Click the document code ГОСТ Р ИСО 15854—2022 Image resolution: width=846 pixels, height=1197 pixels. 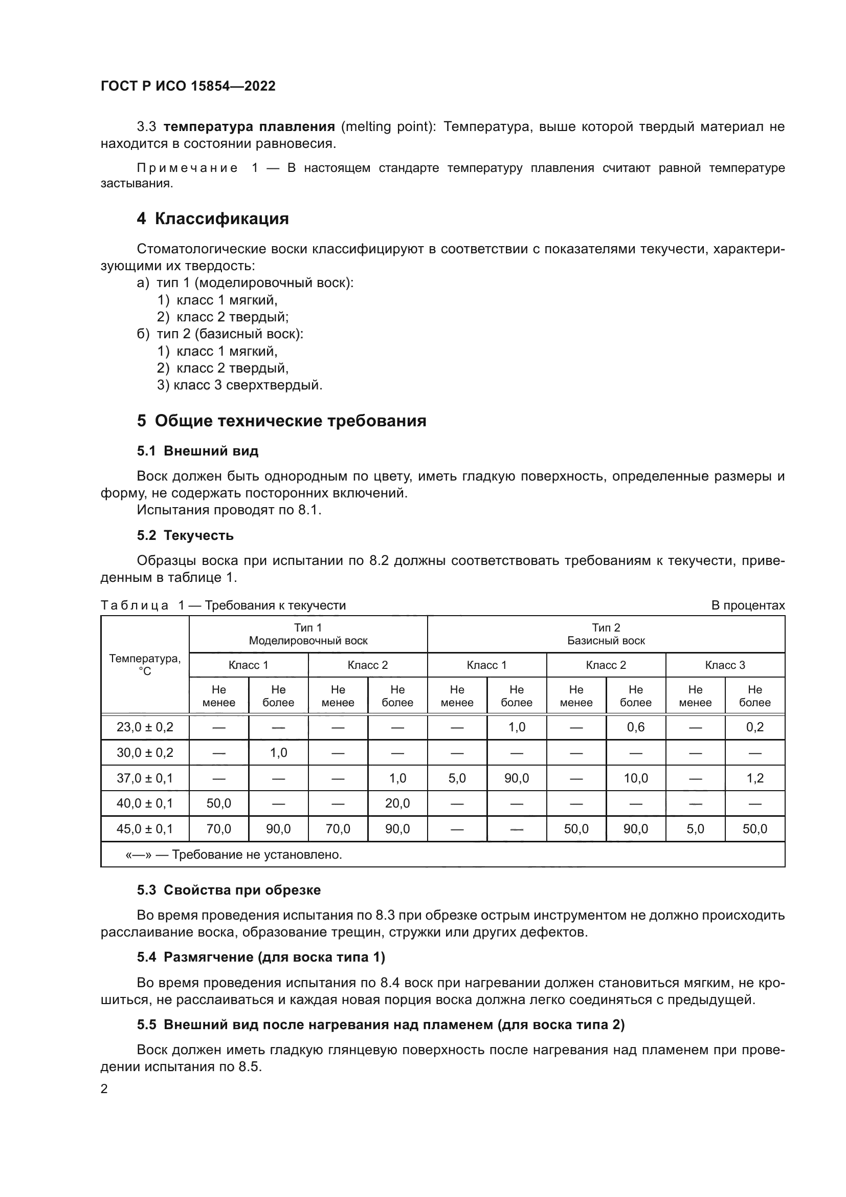pyautogui.click(x=188, y=86)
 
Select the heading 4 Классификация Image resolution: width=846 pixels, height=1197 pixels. pyautogui.click(x=213, y=219)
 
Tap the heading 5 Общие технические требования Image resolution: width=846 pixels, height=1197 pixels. pyautogui.click(x=281, y=421)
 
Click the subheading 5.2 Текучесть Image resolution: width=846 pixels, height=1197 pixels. pyautogui.click(x=185, y=535)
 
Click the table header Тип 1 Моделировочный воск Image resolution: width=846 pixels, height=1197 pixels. pyautogui.click(x=308, y=634)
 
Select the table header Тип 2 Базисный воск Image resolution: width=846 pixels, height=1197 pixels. pyautogui.click(x=606, y=634)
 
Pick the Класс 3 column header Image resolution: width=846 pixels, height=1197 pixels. pyautogui.click(x=725, y=665)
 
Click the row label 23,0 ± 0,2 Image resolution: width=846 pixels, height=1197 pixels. pyautogui.click(x=145, y=727)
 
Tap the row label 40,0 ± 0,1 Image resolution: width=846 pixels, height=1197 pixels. pyautogui.click(x=145, y=803)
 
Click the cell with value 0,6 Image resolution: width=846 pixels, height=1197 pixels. pyautogui.click(x=636, y=727)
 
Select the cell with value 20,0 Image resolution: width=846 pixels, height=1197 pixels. pyautogui.click(x=397, y=803)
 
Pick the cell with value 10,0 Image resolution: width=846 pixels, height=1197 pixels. pyautogui.click(x=636, y=778)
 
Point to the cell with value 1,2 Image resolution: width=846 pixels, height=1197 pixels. pyautogui.click(x=755, y=778)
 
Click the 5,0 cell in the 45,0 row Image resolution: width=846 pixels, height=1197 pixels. pyautogui.click(x=695, y=829)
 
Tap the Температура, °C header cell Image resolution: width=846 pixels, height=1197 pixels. pyautogui.click(x=145, y=664)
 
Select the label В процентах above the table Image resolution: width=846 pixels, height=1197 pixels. pyautogui.click(x=748, y=605)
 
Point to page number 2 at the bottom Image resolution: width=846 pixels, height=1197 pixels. pyautogui.click(x=104, y=1089)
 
